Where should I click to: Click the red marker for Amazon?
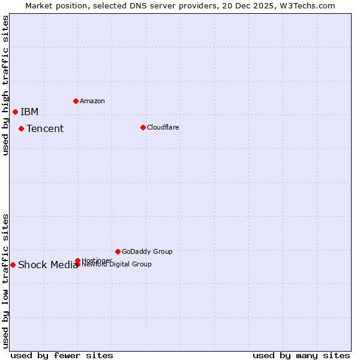click(x=76, y=101)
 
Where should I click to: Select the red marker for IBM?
click(x=15, y=112)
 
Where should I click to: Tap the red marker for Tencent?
click(x=21, y=128)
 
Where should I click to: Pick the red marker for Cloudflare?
click(x=143, y=127)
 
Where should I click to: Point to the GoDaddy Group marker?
click(x=118, y=251)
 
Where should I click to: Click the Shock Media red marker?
click(x=13, y=265)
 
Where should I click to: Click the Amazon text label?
click(x=92, y=101)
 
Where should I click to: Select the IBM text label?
click(x=29, y=112)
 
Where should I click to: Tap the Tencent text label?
click(x=45, y=129)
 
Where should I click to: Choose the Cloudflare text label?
click(x=163, y=127)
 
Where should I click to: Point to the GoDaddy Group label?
click(x=147, y=251)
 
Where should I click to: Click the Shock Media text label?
click(x=48, y=265)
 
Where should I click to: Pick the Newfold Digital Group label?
click(x=116, y=264)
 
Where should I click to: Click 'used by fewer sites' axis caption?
click(x=62, y=356)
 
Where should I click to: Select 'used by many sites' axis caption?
click(x=301, y=356)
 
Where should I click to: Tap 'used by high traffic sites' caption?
click(x=5, y=85)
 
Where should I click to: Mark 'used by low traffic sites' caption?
click(x=5, y=281)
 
